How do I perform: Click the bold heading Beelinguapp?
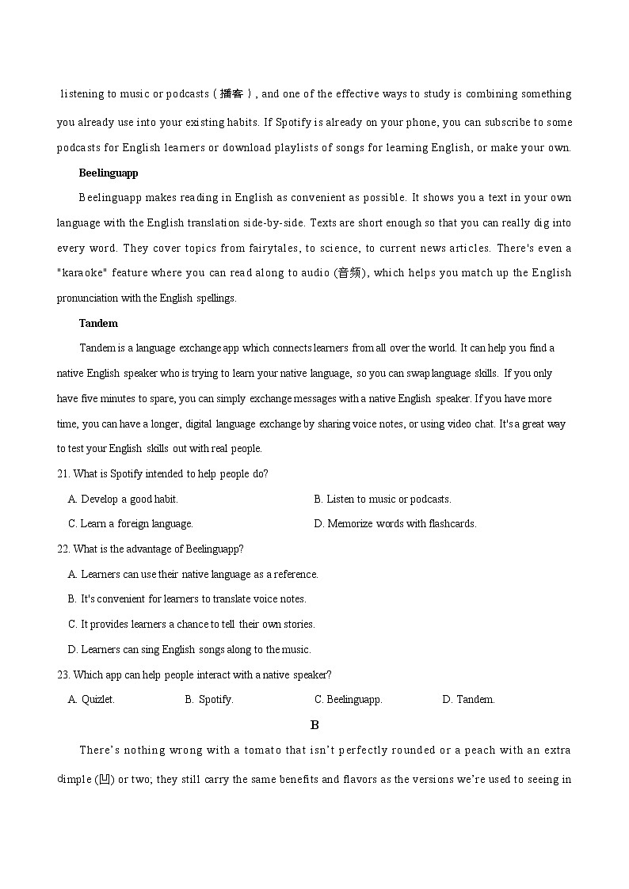109,173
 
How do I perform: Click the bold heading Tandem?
98,323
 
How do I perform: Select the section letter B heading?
314,724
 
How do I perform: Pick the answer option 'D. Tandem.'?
468,699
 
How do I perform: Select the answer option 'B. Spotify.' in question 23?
209,699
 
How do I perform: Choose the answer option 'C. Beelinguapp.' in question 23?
349,699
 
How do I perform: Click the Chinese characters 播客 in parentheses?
232,94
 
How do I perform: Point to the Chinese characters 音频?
349,273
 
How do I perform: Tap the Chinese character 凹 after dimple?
104,780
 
